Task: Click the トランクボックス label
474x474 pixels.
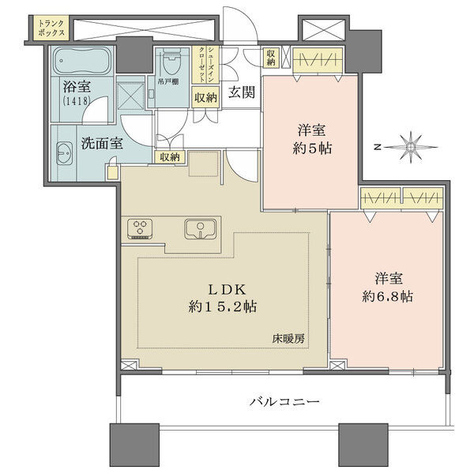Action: tap(51, 28)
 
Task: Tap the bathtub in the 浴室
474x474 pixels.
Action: tap(82, 61)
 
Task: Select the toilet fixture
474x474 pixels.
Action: tap(172, 62)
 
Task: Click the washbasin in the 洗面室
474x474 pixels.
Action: tap(65, 153)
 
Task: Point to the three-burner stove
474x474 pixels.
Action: tap(140, 229)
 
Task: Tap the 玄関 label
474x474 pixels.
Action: tap(242, 92)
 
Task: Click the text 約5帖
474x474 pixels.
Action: tap(312, 149)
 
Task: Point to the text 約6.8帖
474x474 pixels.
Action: tap(387, 296)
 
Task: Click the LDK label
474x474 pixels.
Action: tap(227, 290)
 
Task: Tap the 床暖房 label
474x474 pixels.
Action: tap(288, 339)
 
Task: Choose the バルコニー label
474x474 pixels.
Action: tap(284, 401)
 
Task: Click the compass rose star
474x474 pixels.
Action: tap(411, 147)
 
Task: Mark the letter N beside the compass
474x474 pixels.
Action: tap(377, 148)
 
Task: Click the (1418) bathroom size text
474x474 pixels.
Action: tap(77, 100)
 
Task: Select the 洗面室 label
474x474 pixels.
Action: tap(102, 143)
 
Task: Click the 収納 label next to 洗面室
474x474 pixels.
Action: tap(170, 157)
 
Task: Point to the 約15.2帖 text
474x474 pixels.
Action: tap(223, 307)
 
